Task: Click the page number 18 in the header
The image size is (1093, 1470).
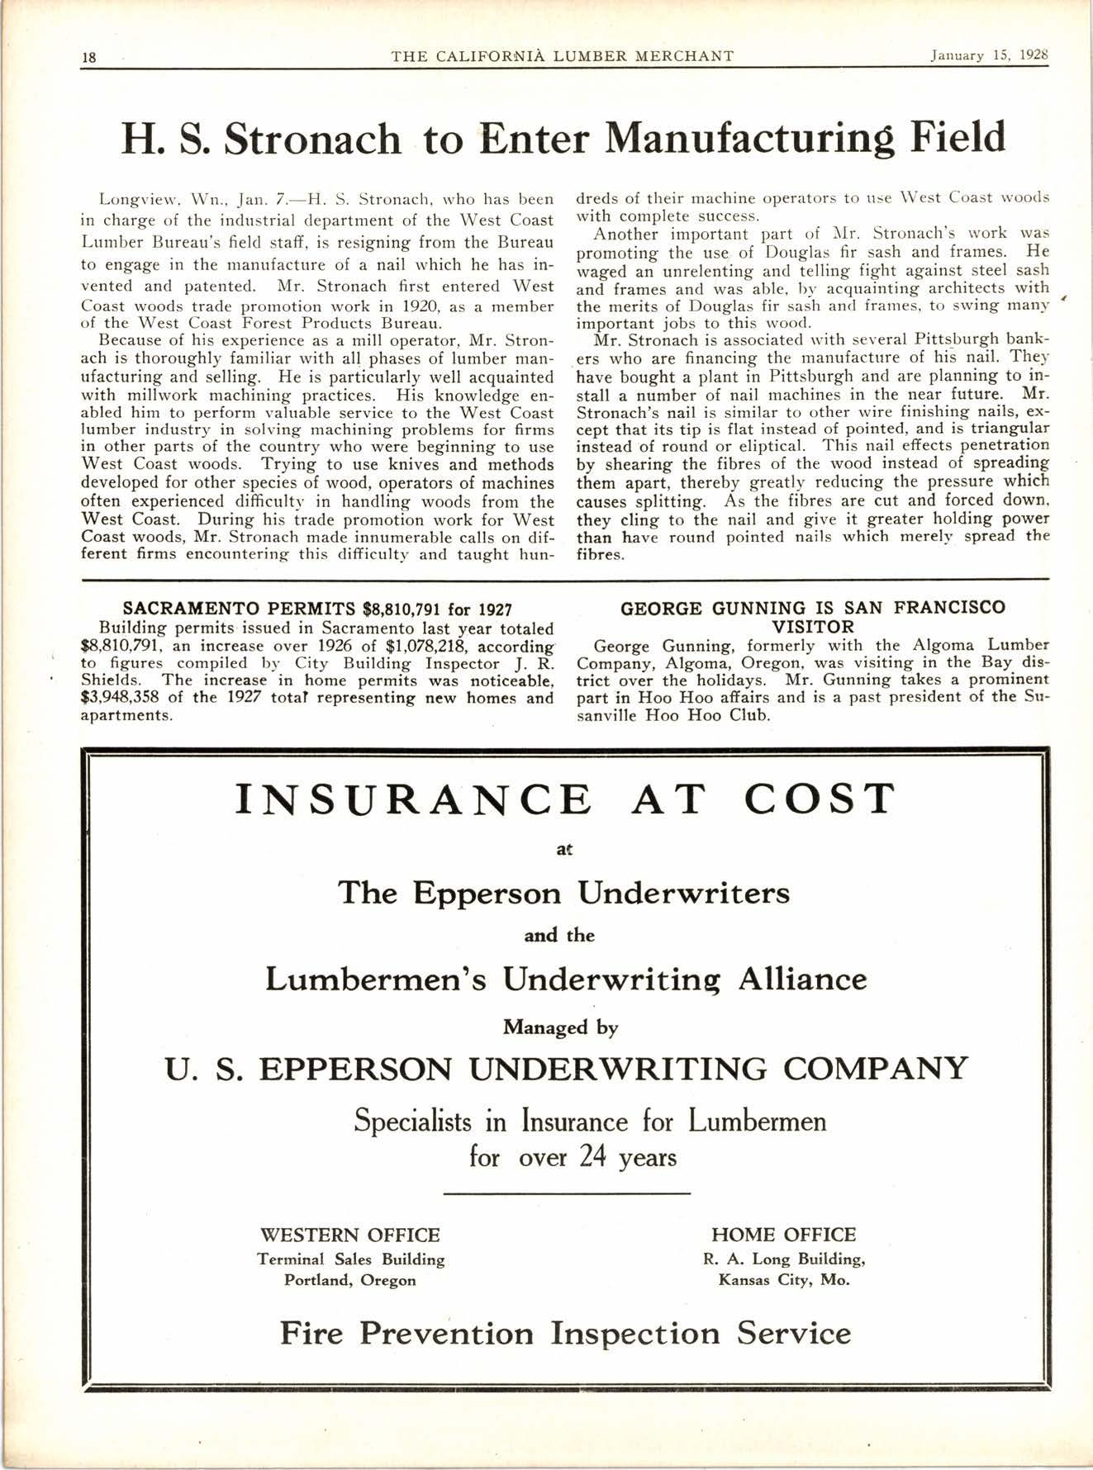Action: (x=90, y=57)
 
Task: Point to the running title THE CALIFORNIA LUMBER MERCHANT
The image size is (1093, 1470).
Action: (x=563, y=56)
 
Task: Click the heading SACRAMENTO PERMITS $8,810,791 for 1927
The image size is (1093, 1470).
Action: (x=317, y=609)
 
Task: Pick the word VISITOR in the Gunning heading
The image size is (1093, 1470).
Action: (x=813, y=627)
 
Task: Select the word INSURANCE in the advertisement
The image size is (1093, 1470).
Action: (x=414, y=799)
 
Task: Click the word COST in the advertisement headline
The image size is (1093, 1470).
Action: (x=820, y=799)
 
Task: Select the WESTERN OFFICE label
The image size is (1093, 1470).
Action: (x=350, y=1235)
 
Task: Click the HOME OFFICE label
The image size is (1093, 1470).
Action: (x=783, y=1235)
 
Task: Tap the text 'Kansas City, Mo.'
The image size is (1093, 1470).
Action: (x=783, y=1281)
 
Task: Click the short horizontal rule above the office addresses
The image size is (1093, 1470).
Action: (x=566, y=1193)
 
